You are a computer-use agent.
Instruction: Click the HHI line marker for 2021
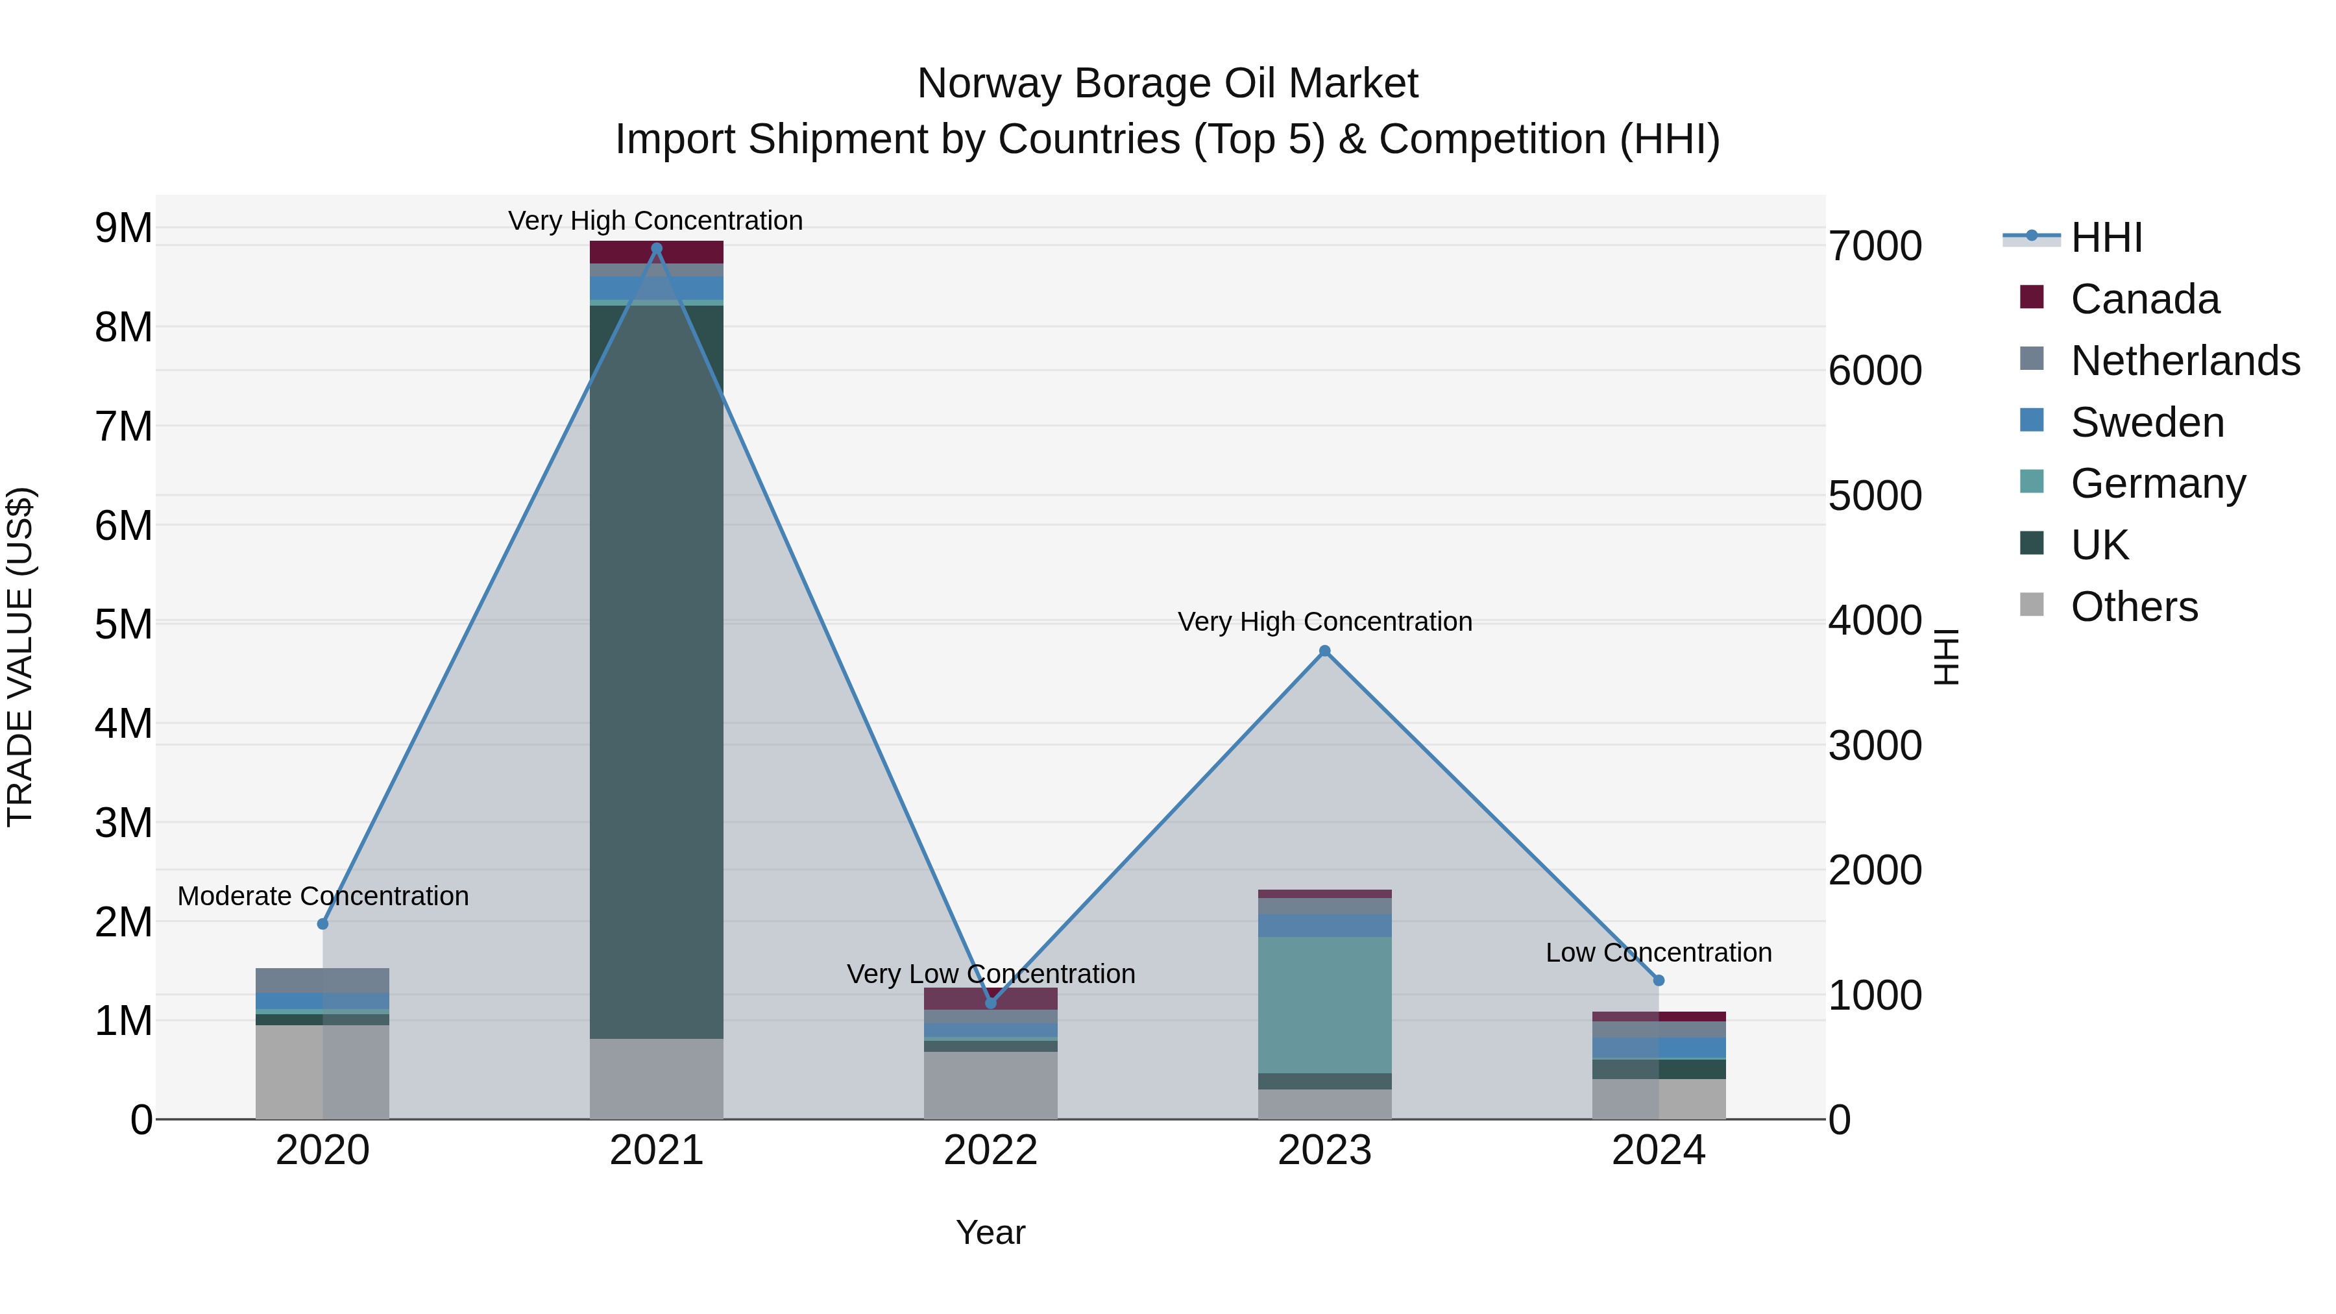(x=657, y=249)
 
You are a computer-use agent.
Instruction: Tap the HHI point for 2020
(x=323, y=924)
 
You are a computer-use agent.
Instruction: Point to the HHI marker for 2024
(x=1659, y=980)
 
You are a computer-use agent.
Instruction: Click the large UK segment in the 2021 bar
(x=657, y=671)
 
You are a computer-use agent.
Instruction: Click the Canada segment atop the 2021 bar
(x=657, y=252)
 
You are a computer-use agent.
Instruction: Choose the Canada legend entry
(x=2145, y=299)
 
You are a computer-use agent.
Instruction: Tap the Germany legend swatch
(x=2032, y=481)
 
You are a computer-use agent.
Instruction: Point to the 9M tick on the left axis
(x=124, y=228)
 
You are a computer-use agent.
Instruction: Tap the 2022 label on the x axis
(x=990, y=1150)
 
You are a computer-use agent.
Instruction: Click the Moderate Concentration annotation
(x=323, y=896)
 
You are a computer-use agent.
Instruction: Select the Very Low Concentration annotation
(x=990, y=974)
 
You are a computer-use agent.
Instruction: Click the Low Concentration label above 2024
(x=1658, y=953)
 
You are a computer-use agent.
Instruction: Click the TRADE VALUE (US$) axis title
(x=20, y=657)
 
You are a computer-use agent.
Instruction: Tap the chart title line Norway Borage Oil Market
(x=1167, y=84)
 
